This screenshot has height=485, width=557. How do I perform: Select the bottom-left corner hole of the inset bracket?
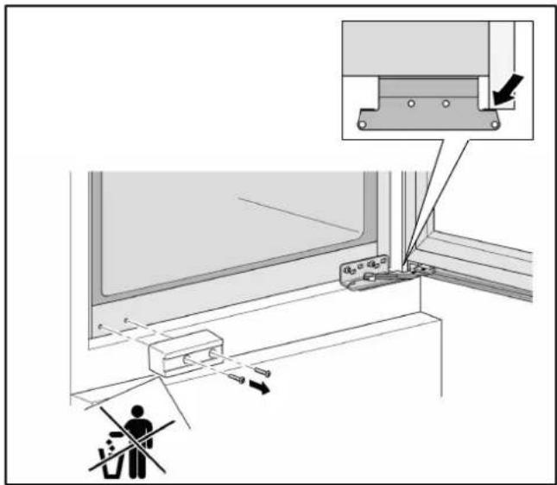[x=363, y=125]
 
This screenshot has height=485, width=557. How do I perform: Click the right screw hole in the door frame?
[x=127, y=321]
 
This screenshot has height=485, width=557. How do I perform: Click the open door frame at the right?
[x=484, y=259]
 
